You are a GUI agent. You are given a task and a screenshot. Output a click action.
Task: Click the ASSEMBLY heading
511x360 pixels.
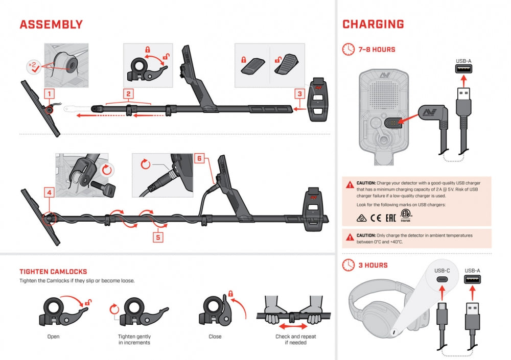click(51, 25)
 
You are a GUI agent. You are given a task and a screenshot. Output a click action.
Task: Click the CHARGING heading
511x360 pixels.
click(373, 25)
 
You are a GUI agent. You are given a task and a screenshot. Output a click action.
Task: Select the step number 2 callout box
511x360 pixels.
click(129, 94)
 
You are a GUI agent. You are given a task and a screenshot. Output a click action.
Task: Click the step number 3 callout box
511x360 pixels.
click(299, 93)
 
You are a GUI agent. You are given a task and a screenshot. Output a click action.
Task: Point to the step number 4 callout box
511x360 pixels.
click(49, 193)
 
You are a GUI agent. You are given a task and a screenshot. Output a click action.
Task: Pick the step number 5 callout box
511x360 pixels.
click(158, 237)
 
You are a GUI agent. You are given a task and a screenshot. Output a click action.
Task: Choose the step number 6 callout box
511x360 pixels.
click(200, 159)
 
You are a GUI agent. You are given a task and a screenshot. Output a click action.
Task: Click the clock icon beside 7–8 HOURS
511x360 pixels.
click(349, 50)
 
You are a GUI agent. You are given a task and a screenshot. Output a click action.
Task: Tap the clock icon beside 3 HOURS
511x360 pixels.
click(349, 265)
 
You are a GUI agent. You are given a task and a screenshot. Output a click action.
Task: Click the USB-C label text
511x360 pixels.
click(443, 271)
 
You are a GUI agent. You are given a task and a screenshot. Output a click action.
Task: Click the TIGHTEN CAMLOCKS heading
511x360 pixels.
click(53, 272)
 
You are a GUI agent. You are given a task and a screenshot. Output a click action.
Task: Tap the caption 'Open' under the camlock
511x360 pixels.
click(53, 337)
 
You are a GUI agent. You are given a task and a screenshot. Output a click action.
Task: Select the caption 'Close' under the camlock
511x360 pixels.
click(215, 337)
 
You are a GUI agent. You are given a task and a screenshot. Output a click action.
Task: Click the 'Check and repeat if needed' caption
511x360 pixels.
click(295, 340)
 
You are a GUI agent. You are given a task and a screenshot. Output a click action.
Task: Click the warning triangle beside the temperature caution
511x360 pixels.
click(350, 236)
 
